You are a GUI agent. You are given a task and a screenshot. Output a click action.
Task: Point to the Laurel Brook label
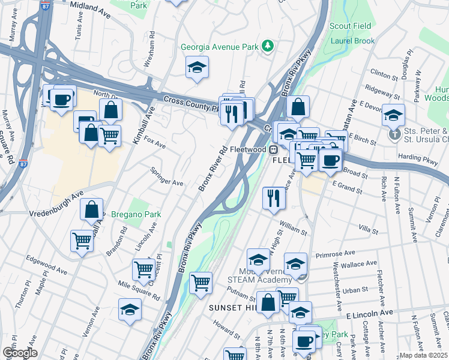click(352, 41)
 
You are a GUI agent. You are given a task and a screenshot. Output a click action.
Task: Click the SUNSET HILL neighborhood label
click(232, 307)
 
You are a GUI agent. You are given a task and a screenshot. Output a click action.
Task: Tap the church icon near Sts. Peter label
click(394, 133)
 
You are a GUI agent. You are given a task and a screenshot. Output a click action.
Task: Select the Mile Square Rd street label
click(138, 292)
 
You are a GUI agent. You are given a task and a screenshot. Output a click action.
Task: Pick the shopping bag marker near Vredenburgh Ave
click(91, 209)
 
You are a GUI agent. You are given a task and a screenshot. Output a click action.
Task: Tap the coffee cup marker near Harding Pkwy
click(330, 160)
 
